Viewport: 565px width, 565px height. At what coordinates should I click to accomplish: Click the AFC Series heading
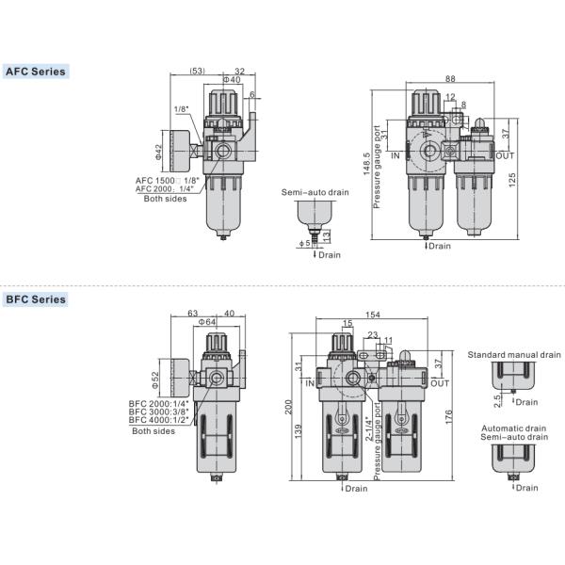(x=36, y=72)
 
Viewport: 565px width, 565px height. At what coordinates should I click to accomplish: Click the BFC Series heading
(x=36, y=299)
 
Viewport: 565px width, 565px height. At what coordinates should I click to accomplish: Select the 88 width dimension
(x=450, y=78)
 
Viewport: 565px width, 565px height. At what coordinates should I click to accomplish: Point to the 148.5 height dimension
(x=366, y=164)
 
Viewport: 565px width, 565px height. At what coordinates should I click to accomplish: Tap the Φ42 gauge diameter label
(x=158, y=152)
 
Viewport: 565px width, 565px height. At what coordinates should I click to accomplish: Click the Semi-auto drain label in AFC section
(x=315, y=192)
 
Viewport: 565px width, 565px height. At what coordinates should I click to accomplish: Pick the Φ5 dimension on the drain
(x=305, y=243)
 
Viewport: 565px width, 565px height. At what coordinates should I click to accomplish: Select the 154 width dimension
(x=372, y=315)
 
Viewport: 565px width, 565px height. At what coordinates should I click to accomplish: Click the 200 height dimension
(x=289, y=407)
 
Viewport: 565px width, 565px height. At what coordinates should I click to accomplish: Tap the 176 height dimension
(x=448, y=417)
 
